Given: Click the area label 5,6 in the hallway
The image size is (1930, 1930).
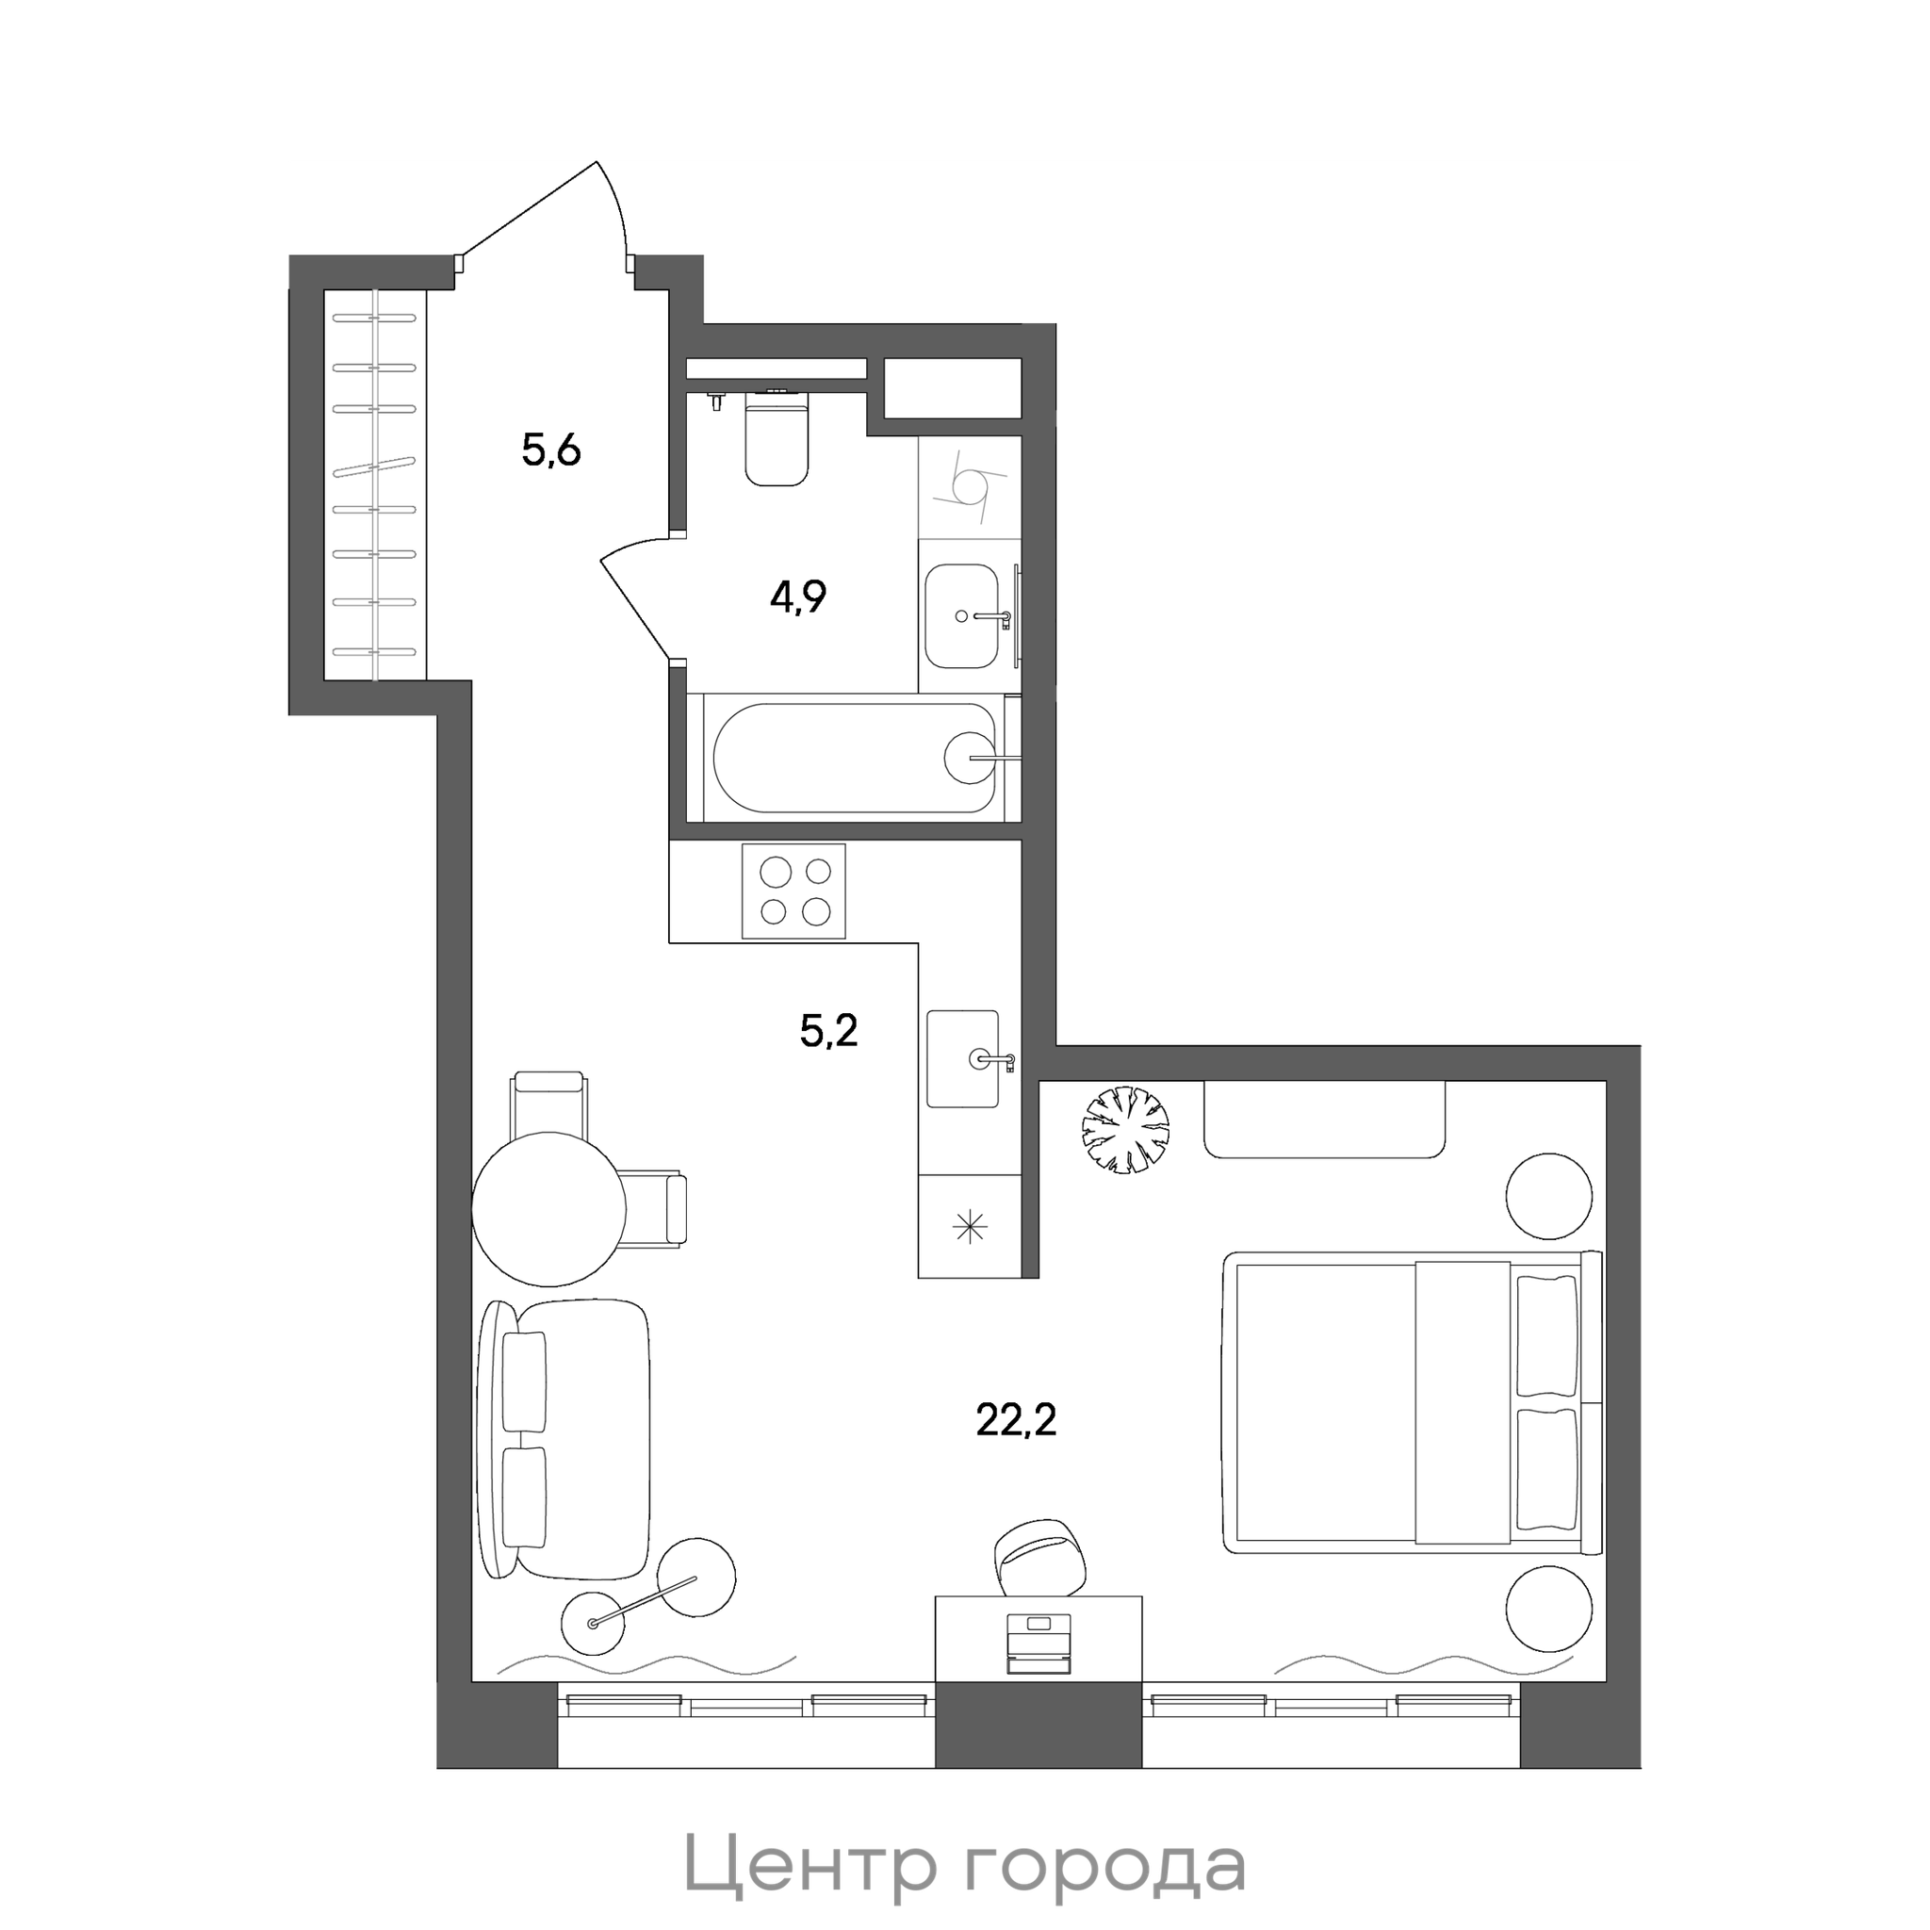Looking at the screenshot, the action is (x=551, y=451).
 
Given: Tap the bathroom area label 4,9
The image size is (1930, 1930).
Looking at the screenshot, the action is (x=798, y=597).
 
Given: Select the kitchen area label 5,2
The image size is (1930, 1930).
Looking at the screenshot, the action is (x=829, y=1030).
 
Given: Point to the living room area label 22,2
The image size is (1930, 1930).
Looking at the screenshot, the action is (x=1016, y=1419).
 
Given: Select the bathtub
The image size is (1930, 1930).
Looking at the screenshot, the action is (x=855, y=759).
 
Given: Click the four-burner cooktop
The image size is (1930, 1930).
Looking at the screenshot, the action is (x=794, y=891).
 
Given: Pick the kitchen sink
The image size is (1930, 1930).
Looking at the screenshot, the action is (x=963, y=1059).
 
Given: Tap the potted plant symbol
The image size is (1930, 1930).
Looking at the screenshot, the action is (x=1126, y=1130).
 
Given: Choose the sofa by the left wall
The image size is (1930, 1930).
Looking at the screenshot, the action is (x=564, y=1440).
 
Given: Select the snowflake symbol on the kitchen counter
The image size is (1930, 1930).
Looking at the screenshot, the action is (x=970, y=1227).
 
